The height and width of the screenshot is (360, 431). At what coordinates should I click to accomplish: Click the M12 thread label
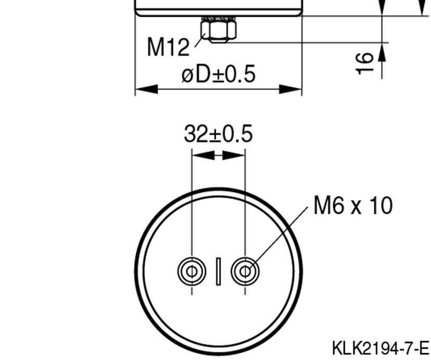(168, 47)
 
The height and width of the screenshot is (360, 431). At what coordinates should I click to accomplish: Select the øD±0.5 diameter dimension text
(218, 74)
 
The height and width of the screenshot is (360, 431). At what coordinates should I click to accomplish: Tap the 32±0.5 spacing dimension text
(218, 134)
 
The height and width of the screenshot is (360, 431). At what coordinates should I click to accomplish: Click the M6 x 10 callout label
(353, 206)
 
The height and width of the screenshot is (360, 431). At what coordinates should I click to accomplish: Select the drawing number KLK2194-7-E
(380, 348)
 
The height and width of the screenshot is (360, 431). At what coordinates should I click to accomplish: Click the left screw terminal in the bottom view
(191, 271)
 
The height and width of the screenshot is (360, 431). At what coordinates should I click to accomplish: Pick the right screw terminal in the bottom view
(244, 271)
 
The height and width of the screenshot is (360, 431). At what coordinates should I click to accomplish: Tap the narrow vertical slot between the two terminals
(218, 271)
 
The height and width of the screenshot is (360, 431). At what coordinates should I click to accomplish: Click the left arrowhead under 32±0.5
(203, 155)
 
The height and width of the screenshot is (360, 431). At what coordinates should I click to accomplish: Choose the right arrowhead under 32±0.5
(233, 155)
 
